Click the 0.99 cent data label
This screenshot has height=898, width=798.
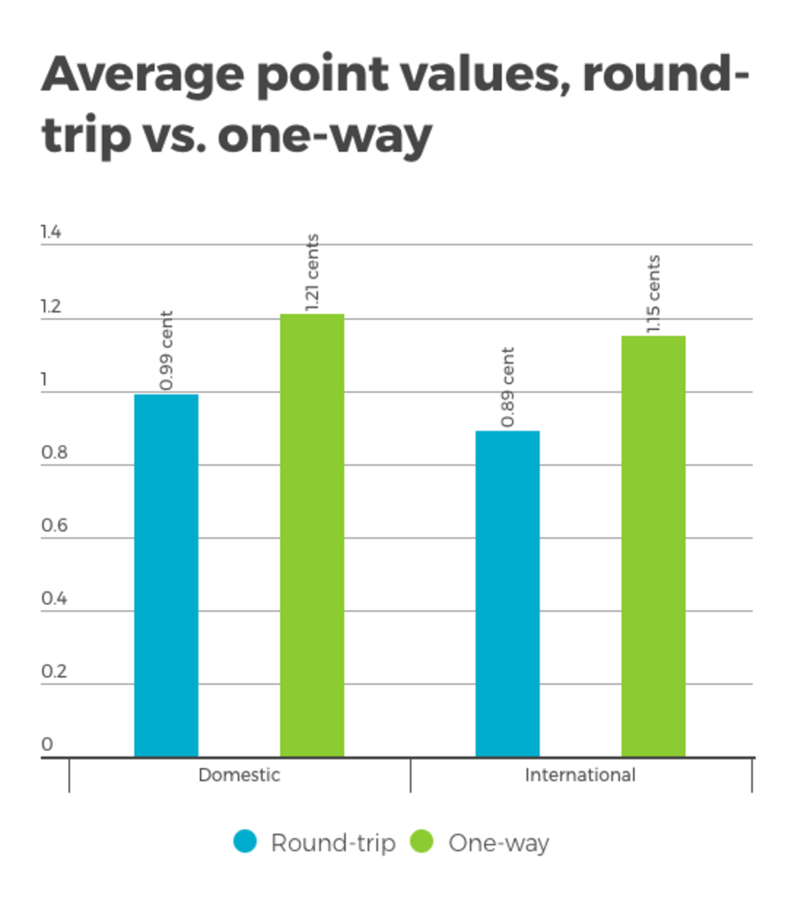[166, 351]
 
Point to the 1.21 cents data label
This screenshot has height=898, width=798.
[312, 272]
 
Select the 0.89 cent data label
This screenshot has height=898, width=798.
[508, 387]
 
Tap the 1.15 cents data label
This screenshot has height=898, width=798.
[654, 294]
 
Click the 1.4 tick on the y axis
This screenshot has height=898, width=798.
[51, 232]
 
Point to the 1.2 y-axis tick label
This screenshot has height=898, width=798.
[51, 306]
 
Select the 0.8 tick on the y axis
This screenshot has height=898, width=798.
[54, 452]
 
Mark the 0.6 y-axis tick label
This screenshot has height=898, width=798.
[54, 525]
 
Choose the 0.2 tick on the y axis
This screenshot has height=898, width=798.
[54, 671]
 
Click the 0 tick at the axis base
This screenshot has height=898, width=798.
[47, 744]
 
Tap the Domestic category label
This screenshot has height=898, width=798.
[239, 775]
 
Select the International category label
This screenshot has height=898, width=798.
[580, 775]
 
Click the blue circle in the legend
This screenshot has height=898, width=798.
[245, 842]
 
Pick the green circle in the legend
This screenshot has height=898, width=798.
[422, 842]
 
